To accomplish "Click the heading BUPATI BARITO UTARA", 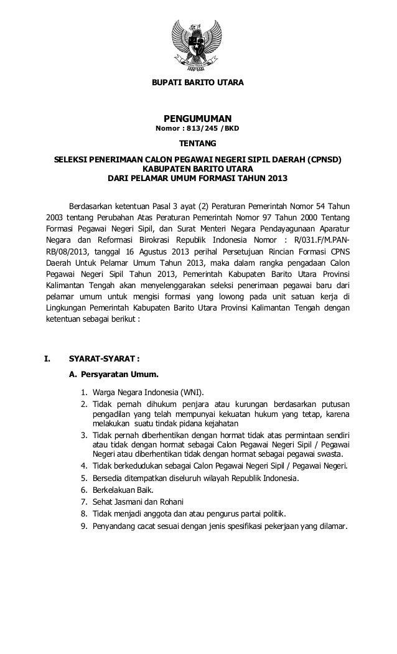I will click(x=198, y=83).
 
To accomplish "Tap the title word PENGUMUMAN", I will click(x=197, y=118).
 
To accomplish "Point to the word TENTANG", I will click(x=197, y=144).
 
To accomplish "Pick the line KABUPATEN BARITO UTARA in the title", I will click(x=198, y=169).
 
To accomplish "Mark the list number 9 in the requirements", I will click(x=84, y=526).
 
